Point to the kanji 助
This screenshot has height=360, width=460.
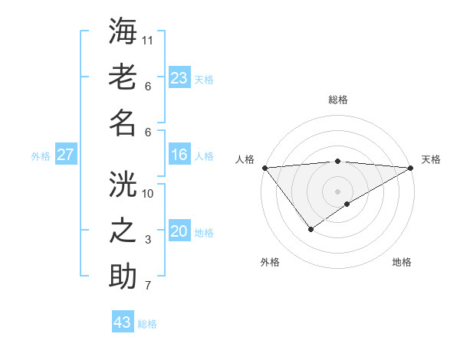click(x=123, y=276)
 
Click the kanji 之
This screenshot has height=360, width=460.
click(x=123, y=230)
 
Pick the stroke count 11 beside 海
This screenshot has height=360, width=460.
click(x=149, y=39)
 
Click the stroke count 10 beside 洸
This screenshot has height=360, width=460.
click(x=149, y=193)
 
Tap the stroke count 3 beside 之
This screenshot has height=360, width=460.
click(x=149, y=240)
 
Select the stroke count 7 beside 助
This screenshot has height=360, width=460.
click(x=149, y=286)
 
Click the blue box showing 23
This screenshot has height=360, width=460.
click(x=179, y=77)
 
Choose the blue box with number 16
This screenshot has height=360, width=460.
click(x=179, y=155)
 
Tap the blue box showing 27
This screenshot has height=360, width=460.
click(x=65, y=155)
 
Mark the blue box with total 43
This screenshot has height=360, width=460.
click(x=123, y=322)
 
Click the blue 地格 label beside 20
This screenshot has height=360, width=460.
click(x=204, y=233)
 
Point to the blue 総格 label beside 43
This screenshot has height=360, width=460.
click(x=147, y=324)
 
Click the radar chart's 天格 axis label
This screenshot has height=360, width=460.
click(x=431, y=159)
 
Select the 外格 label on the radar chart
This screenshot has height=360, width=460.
click(x=270, y=262)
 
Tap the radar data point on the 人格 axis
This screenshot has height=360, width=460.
click(x=264, y=168)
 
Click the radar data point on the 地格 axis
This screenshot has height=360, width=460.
click(x=347, y=204)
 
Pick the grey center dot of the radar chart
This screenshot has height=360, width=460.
click(x=337, y=191)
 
